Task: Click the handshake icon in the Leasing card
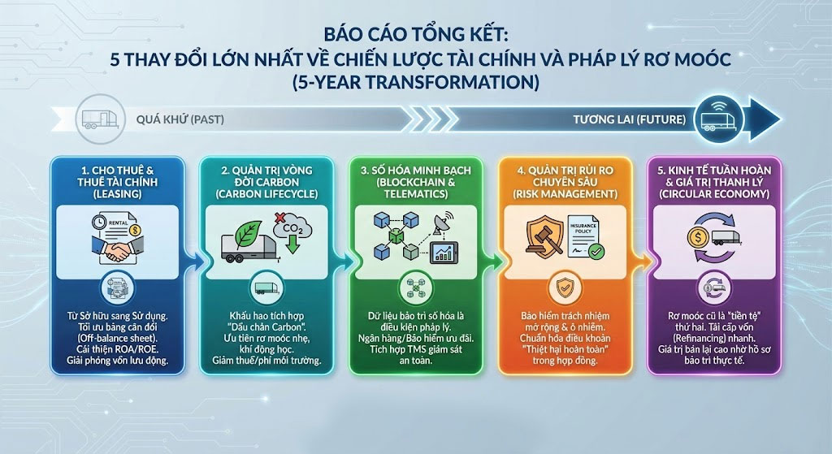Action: pos(117,249)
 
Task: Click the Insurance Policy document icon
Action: pos(584,236)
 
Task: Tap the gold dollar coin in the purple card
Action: pos(697,237)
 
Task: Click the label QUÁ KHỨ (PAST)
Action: pos(180,119)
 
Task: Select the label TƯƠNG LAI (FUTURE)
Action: pos(630,119)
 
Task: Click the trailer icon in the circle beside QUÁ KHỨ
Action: pos(100,119)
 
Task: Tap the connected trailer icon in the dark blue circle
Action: pos(719,119)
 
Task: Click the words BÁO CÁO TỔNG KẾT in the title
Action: pos(416,34)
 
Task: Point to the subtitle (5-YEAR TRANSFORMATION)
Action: pos(416,82)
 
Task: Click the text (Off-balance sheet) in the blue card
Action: pos(117,339)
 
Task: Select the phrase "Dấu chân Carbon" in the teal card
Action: pos(266,327)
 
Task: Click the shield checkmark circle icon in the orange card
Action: pos(565,288)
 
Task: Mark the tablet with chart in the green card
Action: pos(444,252)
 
